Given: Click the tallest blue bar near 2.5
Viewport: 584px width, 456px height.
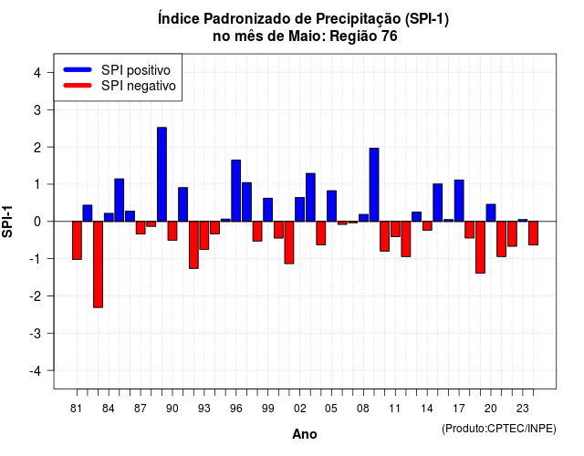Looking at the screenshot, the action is pos(162,174).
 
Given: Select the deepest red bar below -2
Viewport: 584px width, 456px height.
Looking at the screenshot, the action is pos(98,264).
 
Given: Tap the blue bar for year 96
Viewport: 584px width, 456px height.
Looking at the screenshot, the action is pos(235,191).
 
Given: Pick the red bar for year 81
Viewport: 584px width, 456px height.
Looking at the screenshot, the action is pos(77,240).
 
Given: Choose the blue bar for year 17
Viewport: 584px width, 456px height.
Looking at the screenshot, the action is pos(459,201).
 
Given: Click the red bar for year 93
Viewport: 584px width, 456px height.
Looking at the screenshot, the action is pos(204,235).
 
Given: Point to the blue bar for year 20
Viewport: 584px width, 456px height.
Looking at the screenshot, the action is pos(491,212).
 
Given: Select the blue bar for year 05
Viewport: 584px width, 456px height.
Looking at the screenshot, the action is pos(331,206).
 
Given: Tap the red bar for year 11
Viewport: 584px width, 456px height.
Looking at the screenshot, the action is pos(395,229).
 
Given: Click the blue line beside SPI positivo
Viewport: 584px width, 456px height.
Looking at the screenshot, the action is pos(78,69).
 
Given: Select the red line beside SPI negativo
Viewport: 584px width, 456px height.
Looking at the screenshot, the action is pos(78,86).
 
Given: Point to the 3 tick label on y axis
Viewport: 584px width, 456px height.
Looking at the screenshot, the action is pos(37,110).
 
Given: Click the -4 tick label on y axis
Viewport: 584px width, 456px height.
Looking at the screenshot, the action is pos(36,371).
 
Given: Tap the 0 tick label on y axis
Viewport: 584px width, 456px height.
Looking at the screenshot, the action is pos(37,222).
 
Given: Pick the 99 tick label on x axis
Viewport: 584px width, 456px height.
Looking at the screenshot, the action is pos(267,409).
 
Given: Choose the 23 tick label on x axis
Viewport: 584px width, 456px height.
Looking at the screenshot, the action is pos(523,409).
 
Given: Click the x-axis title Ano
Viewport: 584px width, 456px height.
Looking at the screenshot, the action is pos(305,434).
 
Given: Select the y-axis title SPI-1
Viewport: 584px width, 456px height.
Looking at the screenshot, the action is pos(7,222).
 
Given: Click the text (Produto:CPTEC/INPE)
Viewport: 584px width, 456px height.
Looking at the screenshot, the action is pos(499,429).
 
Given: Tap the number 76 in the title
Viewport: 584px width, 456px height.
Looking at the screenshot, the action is pos(390,36).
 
